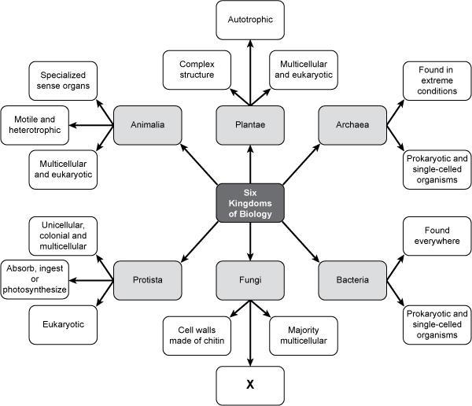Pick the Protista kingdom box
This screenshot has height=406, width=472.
(x=149, y=279)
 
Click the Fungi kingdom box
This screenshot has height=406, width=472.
(x=249, y=279)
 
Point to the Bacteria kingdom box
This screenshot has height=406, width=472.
(x=352, y=279)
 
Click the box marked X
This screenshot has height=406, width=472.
(x=249, y=385)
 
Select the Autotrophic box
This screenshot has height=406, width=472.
(x=249, y=20)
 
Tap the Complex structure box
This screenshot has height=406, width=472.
(x=197, y=69)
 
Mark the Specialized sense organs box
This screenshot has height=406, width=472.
(x=64, y=79)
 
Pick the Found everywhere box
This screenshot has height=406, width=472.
(x=432, y=234)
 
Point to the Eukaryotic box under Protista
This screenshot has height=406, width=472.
(x=64, y=323)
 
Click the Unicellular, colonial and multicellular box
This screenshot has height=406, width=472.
(x=64, y=234)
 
